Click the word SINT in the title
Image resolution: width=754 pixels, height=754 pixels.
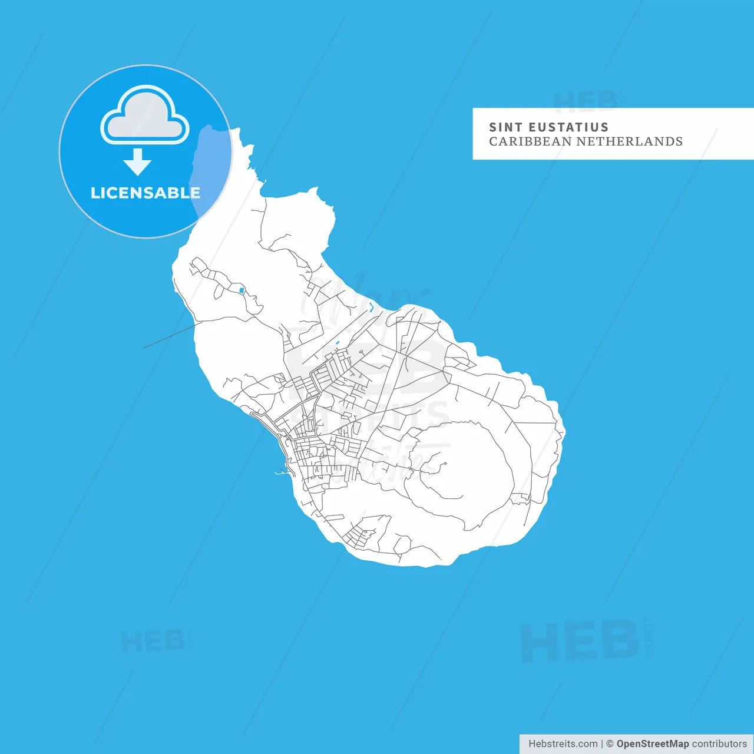[505, 127]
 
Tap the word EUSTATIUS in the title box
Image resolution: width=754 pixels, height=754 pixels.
[568, 127]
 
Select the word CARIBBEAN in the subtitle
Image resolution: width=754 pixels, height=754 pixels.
[530, 141]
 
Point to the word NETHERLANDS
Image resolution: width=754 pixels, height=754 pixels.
[629, 141]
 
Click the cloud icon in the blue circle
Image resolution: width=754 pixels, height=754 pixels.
[145, 115]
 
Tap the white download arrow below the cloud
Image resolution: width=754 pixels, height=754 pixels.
[138, 162]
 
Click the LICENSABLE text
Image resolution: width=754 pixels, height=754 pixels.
[145, 193]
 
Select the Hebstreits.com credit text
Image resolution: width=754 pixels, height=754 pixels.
[563, 744]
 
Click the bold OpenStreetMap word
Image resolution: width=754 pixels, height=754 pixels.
[652, 744]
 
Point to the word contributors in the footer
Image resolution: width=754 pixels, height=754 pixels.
[719, 744]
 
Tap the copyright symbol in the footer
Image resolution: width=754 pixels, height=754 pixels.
[610, 744]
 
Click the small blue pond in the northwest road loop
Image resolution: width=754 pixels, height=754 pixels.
[242, 290]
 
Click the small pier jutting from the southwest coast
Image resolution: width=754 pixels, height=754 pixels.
[281, 472]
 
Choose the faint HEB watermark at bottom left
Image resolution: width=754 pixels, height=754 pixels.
[153, 641]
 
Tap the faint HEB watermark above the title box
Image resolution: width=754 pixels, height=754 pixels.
[586, 101]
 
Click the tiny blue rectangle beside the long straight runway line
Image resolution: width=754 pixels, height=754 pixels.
[337, 343]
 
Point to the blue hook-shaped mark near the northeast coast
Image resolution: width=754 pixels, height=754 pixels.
[371, 307]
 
